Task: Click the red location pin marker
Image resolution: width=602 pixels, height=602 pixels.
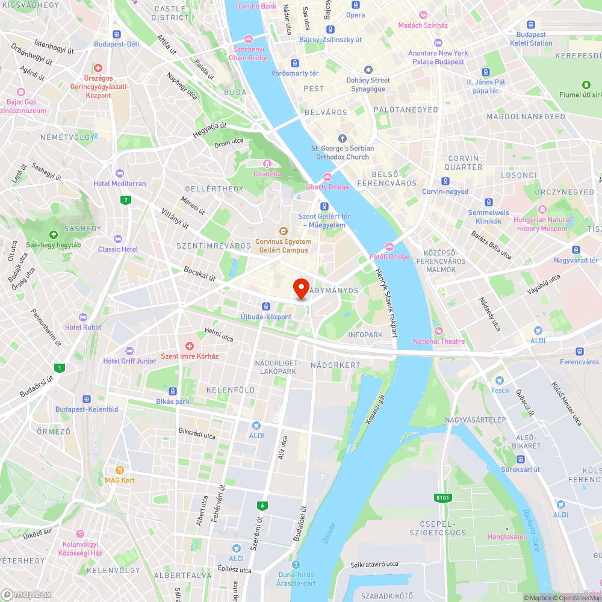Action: pos(300,287)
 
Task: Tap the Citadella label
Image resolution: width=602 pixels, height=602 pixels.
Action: pos(267,174)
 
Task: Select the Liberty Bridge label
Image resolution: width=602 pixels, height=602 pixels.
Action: pos(327,187)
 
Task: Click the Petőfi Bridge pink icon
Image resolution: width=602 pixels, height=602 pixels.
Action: pos(389,246)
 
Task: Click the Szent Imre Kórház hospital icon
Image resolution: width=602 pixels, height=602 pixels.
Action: pos(189,346)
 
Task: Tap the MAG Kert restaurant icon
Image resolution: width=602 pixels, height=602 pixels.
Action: pos(120,470)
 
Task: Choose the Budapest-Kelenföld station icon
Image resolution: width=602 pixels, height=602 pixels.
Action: pos(87,399)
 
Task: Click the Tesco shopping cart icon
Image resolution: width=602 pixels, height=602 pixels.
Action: pos(498,380)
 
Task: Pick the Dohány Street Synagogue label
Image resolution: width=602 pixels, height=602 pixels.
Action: pos(368,84)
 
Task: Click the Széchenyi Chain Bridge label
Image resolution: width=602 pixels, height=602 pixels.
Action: pos(249,54)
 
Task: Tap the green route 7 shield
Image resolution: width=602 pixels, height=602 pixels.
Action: pos(125,200)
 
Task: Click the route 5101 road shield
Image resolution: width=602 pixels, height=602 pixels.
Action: pos(442,498)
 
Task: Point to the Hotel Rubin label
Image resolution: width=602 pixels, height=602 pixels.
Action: pos(83,327)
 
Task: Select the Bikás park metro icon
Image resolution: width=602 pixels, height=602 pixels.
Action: pos(173,391)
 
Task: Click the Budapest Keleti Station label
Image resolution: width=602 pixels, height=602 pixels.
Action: pos(530,39)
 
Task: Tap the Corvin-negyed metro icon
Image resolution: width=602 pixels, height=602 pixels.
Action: pos(445,181)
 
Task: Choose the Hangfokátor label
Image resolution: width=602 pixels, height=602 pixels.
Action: pos(506,536)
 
